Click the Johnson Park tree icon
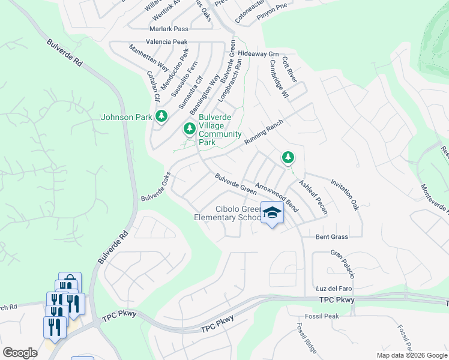pos(161,116)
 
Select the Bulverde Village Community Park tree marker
pos(190,128)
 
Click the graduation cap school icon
pos(272,212)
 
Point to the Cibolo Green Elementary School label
pos(229,212)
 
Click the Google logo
pos(20,353)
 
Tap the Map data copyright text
pos(412,355)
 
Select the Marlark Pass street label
pos(169,29)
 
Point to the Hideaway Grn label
pos(259,53)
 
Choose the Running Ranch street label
pos(263,133)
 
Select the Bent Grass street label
pos(332,236)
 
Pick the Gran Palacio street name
pos(343,265)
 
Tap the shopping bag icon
pos(70,281)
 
